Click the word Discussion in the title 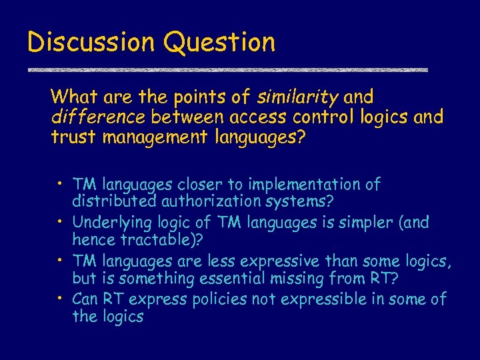90,42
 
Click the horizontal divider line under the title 227,70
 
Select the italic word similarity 297,98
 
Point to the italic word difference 98,118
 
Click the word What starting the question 74,98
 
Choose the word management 145,139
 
